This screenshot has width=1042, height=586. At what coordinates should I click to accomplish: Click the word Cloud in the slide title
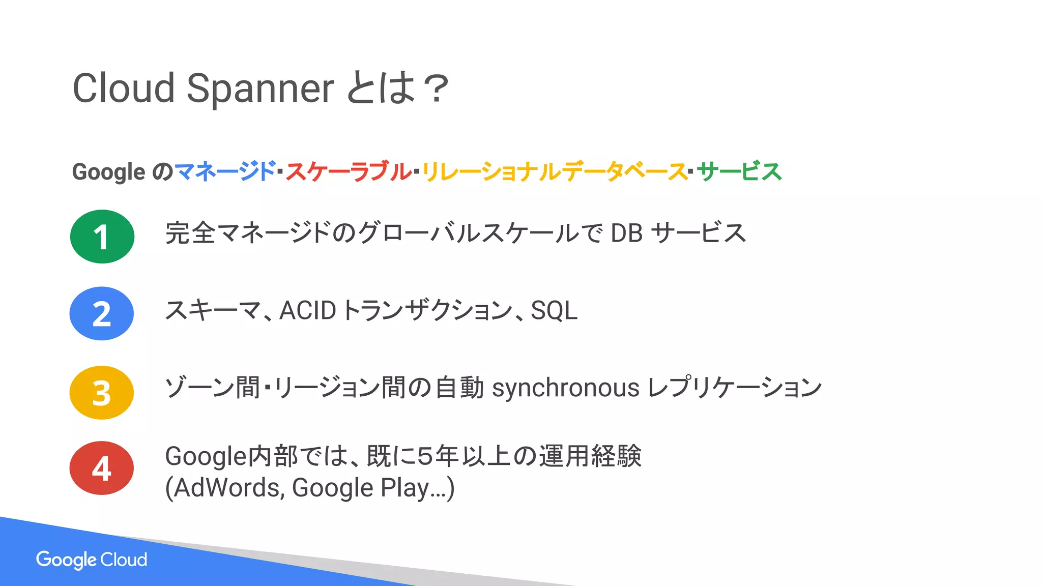(x=124, y=88)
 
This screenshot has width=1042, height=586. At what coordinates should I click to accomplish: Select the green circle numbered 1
(x=102, y=237)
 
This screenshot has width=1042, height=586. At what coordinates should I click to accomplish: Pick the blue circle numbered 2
(x=102, y=313)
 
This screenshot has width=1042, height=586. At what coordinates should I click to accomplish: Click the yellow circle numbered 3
(x=102, y=393)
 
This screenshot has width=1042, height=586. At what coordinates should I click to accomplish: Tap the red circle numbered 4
(x=102, y=468)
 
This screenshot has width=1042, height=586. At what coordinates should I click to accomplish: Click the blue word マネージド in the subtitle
(x=224, y=171)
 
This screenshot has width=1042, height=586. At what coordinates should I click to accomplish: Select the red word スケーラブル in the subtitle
(x=348, y=171)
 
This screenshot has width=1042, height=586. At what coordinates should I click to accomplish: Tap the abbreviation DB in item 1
(x=626, y=233)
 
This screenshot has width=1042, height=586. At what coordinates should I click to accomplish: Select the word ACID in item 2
(x=308, y=310)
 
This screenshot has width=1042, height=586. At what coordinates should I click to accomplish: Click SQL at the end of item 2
(x=554, y=311)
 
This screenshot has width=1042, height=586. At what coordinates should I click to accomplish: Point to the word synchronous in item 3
(x=565, y=388)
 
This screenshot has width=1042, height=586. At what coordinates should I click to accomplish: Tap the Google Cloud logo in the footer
(x=92, y=560)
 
